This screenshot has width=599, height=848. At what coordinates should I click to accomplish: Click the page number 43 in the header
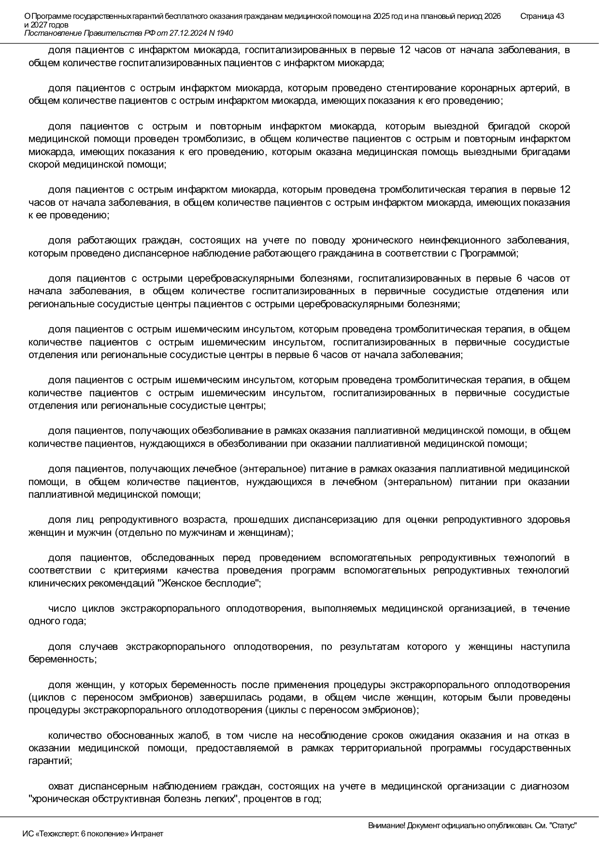pyautogui.click(x=559, y=16)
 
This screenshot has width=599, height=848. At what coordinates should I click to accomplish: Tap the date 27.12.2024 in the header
pyautogui.click(x=185, y=33)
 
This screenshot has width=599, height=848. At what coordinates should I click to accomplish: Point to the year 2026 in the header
pyautogui.click(x=492, y=16)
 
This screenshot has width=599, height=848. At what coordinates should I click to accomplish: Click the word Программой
pyautogui.click(x=488, y=253)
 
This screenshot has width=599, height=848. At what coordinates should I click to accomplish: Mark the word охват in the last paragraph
pyautogui.click(x=60, y=787)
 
